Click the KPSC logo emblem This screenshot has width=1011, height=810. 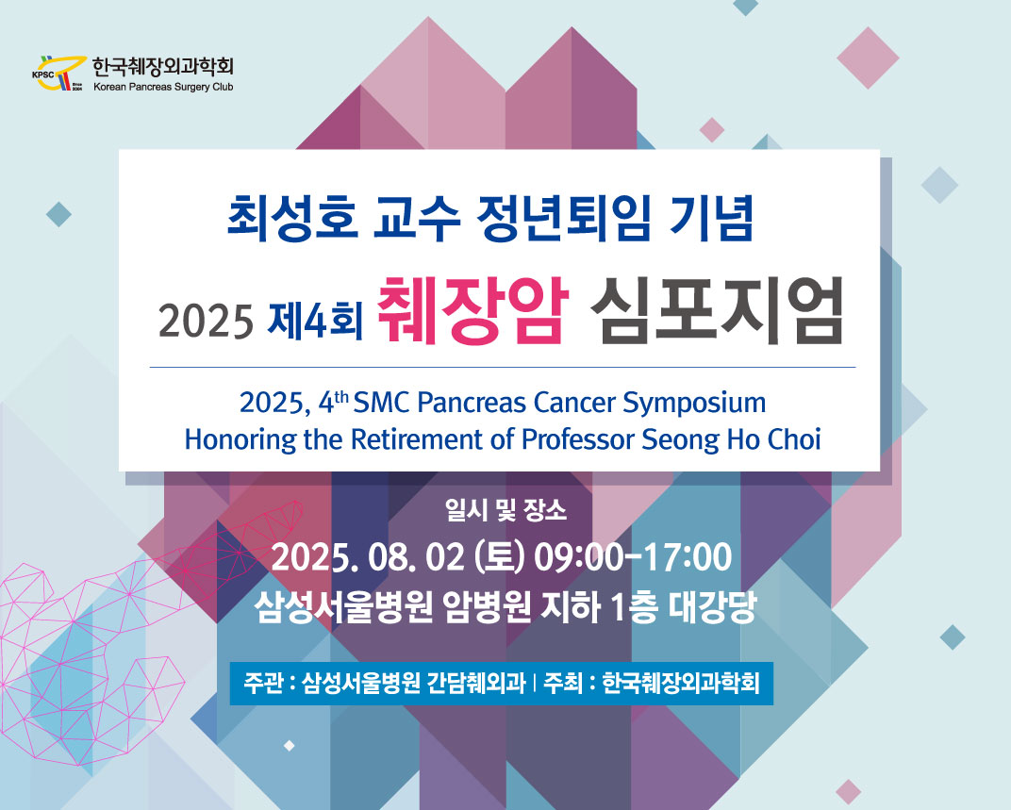pyautogui.click(x=58, y=73)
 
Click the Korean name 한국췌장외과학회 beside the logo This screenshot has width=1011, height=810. pyautogui.click(x=162, y=66)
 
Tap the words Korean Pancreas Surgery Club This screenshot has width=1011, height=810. pyautogui.click(x=163, y=87)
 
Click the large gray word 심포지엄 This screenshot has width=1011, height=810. pyautogui.click(x=716, y=311)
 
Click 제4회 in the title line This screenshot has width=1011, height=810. pyautogui.click(x=316, y=321)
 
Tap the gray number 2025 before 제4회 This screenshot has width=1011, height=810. pyautogui.click(x=206, y=322)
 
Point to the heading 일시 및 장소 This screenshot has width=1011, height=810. pyautogui.click(x=506, y=511)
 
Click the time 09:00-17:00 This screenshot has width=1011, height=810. pyautogui.click(x=633, y=557)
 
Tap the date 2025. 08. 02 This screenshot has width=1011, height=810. pyautogui.click(x=368, y=557)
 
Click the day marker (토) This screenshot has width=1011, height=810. pyautogui.click(x=499, y=557)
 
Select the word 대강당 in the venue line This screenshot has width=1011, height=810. pyautogui.click(x=712, y=607)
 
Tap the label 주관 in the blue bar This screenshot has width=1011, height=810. pyautogui.click(x=262, y=683)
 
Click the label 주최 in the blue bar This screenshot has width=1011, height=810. pyautogui.click(x=563, y=683)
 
